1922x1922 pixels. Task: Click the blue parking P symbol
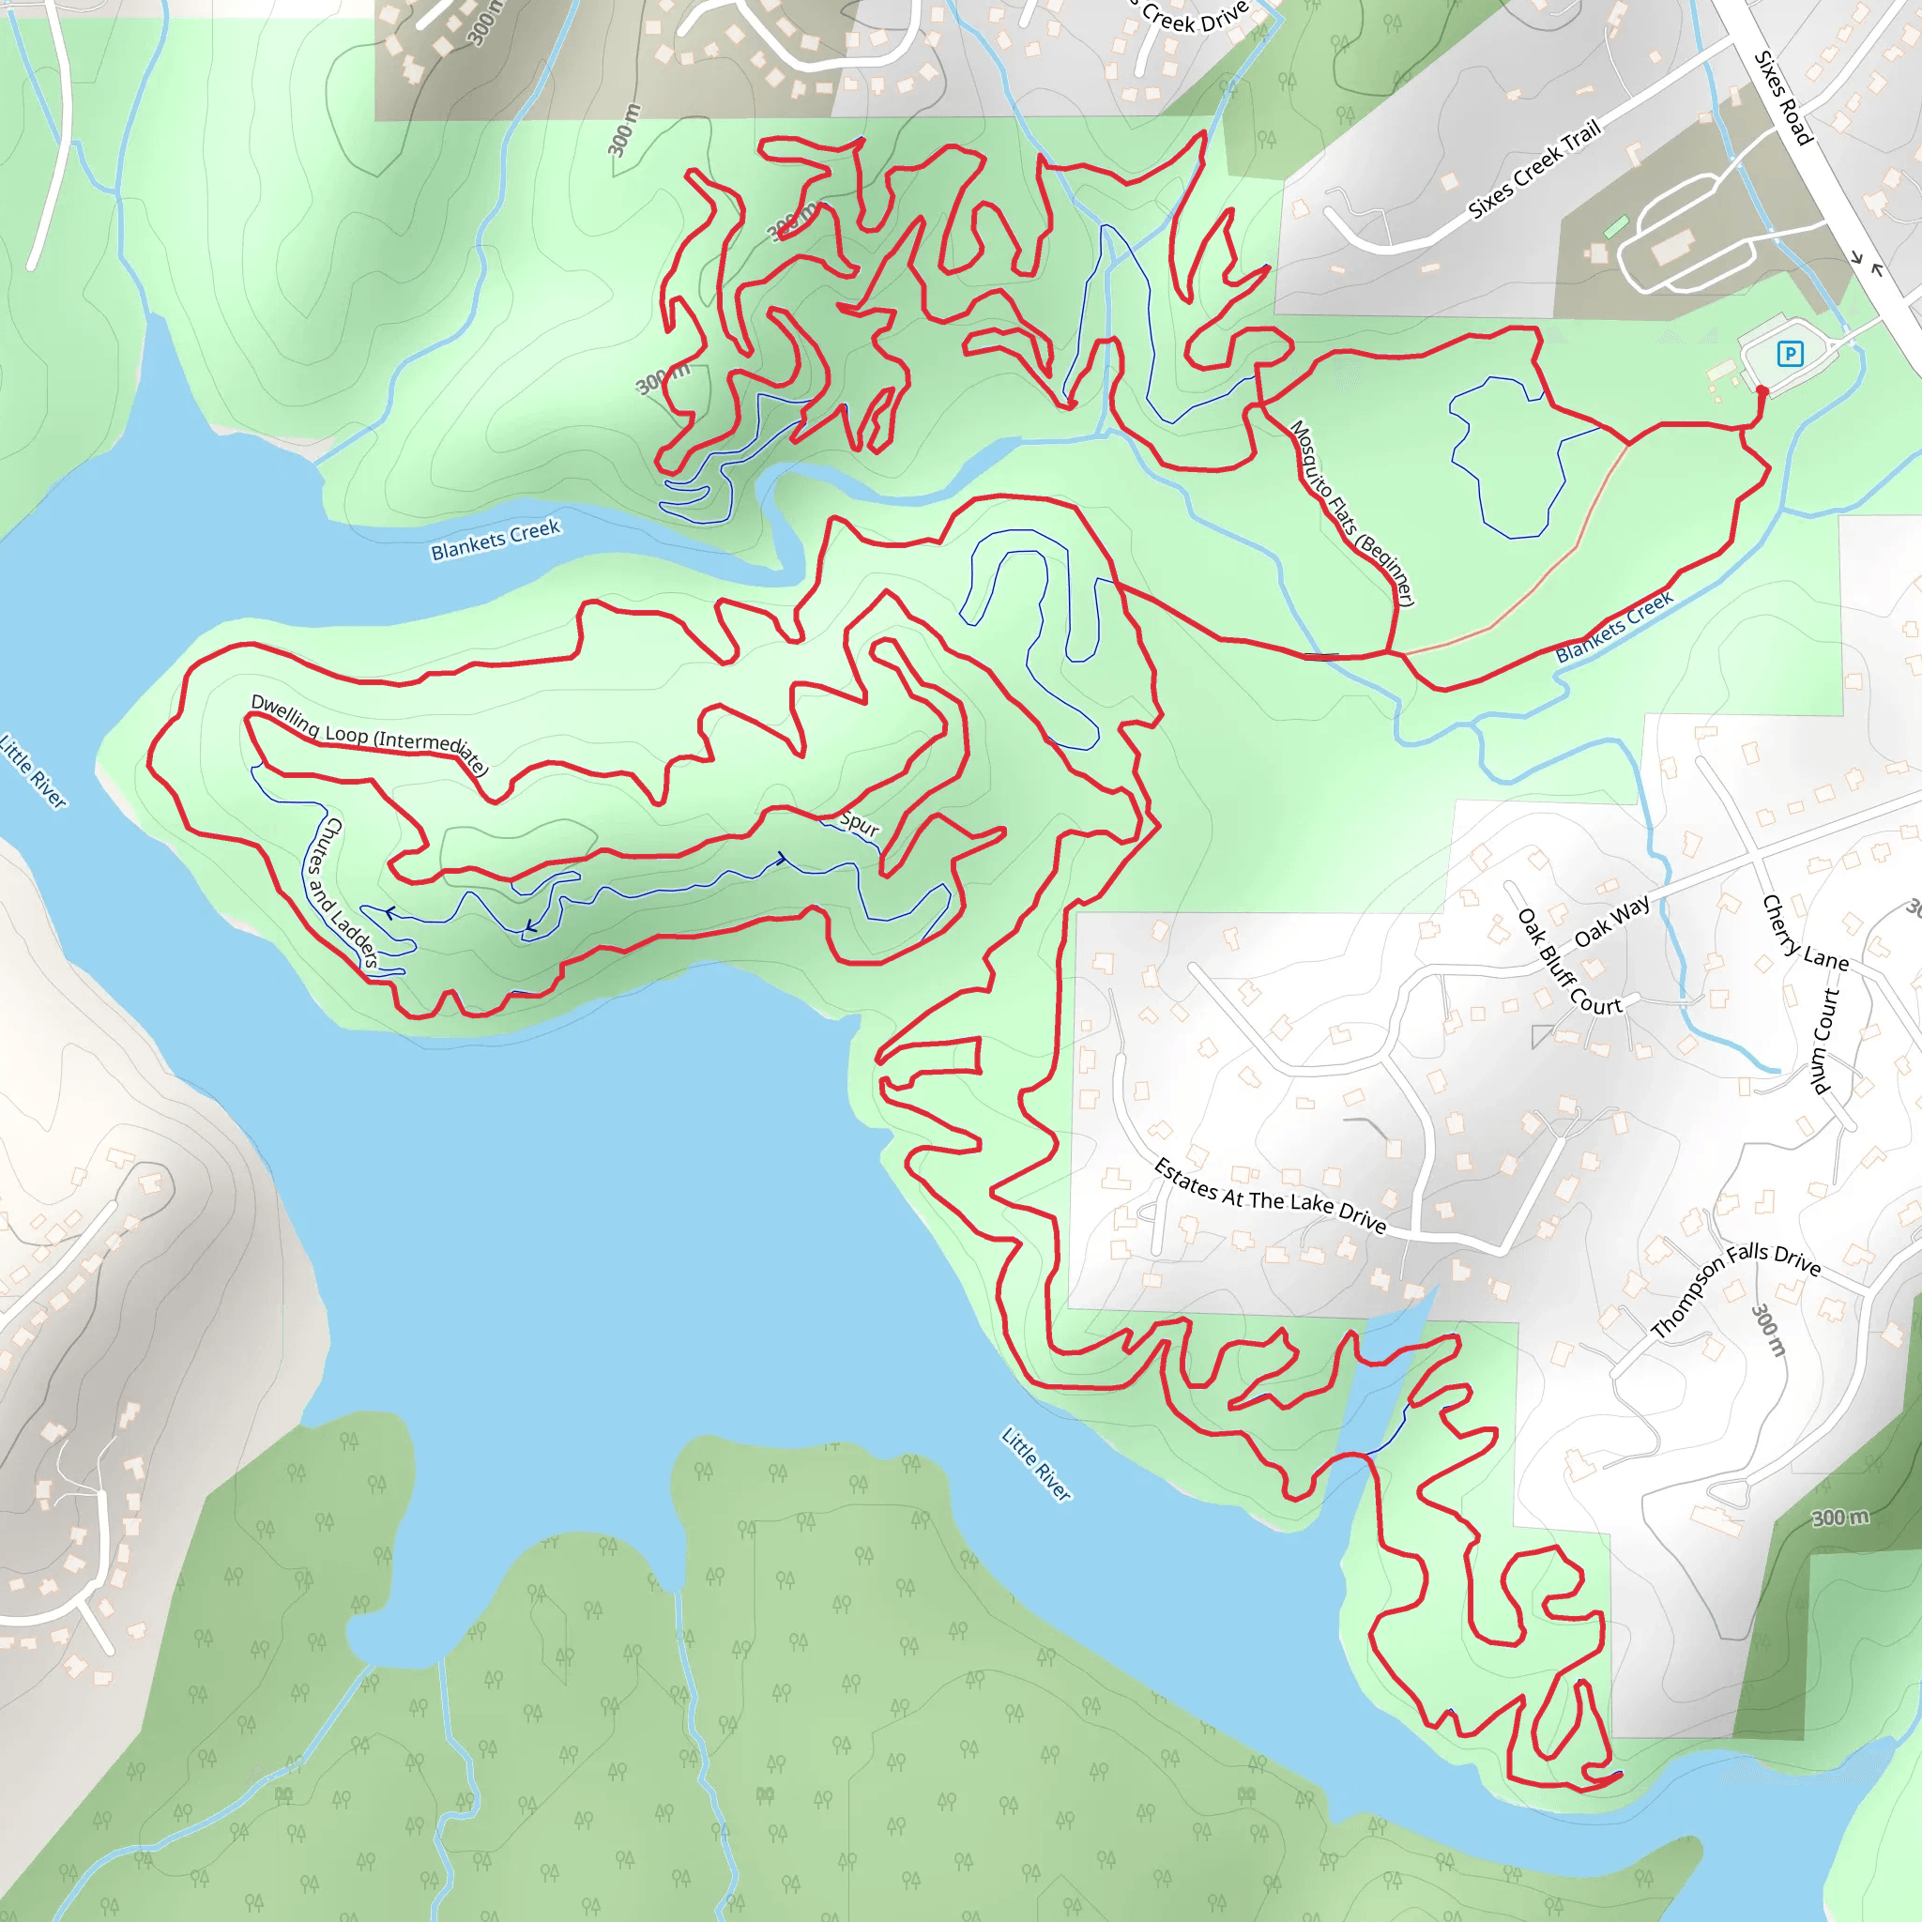(1790, 353)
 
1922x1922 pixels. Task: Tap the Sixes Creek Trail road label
(1534, 168)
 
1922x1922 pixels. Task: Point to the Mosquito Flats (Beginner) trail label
(1352, 511)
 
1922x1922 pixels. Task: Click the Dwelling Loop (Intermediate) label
(369, 735)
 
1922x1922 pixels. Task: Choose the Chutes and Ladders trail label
(341, 892)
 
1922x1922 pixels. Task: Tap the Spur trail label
(860, 823)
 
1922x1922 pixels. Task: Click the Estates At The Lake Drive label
(1270, 1196)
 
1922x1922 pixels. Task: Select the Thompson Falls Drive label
(1735, 1288)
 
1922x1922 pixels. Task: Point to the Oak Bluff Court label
(1569, 962)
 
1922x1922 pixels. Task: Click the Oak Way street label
(1611, 922)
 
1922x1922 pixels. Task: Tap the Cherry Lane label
(1804, 933)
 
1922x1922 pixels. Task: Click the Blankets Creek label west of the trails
(496, 540)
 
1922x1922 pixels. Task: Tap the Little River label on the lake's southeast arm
(1036, 1464)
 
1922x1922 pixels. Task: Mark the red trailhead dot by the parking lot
(1762, 392)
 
